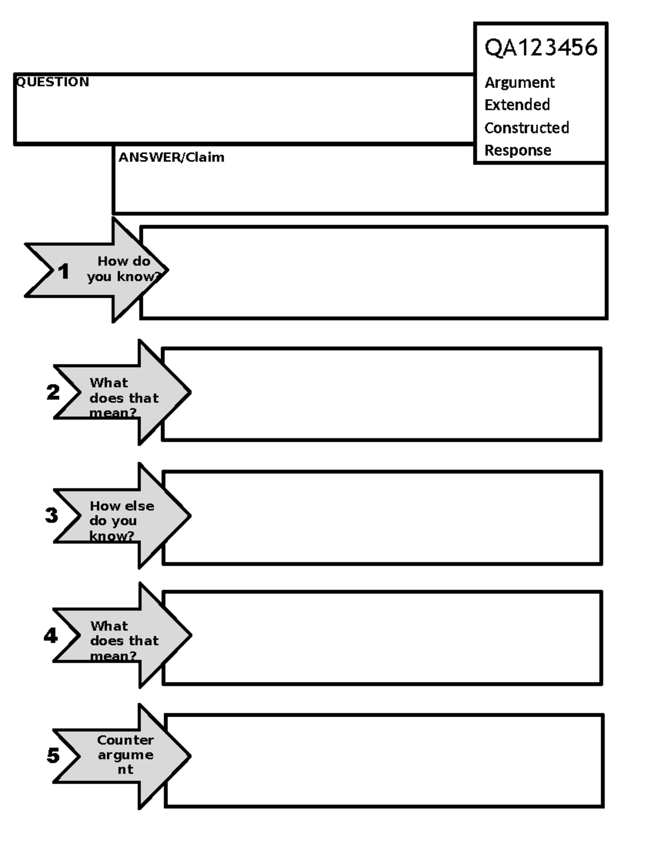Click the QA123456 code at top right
coord(541,48)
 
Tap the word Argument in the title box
coord(519,83)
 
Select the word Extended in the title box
coord(517,105)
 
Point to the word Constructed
coord(526,128)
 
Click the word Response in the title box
coord(518,150)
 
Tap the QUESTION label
coord(52,82)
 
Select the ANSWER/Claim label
coord(171,157)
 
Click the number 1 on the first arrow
coord(64,271)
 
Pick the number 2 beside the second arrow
coord(53,392)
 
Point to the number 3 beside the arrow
coord(52,515)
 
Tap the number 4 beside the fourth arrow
coord(51,635)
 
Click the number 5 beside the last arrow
coord(53,755)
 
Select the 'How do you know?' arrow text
coord(123,269)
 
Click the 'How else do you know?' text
coord(121,521)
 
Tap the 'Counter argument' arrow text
coord(125,755)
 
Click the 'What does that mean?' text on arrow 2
coord(123,398)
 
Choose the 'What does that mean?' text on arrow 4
coord(124,641)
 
